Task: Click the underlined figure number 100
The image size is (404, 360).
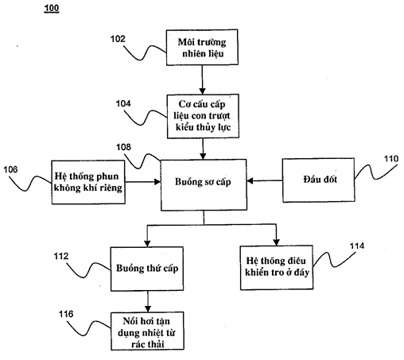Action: pyautogui.click(x=52, y=9)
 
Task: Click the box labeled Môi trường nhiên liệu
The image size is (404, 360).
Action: pyautogui.click(x=202, y=47)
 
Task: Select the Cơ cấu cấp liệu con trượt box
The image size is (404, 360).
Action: pyautogui.click(x=203, y=116)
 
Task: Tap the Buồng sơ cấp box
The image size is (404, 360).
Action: pyautogui.click(x=204, y=185)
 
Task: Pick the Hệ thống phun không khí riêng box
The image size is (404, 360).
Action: pyautogui.click(x=88, y=182)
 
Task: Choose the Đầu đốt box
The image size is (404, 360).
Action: pyautogui.click(x=318, y=180)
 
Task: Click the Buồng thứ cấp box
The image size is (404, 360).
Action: pyautogui.click(x=147, y=269)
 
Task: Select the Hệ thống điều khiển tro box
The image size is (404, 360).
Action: pyautogui.click(x=277, y=268)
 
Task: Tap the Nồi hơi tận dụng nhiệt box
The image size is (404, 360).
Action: pyautogui.click(x=147, y=331)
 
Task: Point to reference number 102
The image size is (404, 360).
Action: pyautogui.click(x=118, y=39)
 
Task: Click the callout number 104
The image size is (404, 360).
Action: pyautogui.click(x=123, y=103)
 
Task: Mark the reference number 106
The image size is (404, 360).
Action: pyautogui.click(x=10, y=169)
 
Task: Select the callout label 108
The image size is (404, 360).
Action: pyautogui.click(x=123, y=147)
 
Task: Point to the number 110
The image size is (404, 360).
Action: pyautogui.click(x=391, y=159)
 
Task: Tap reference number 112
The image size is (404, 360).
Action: pyautogui.click(x=61, y=256)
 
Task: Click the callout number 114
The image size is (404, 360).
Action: pyautogui.click(x=357, y=246)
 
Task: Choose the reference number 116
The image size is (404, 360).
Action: pyautogui.click(x=66, y=314)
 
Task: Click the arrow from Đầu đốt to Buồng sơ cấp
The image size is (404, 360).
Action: pyautogui.click(x=265, y=181)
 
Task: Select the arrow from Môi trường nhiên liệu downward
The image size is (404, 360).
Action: pyautogui.click(x=202, y=79)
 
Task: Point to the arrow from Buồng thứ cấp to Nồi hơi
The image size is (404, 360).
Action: pyautogui.click(x=148, y=301)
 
